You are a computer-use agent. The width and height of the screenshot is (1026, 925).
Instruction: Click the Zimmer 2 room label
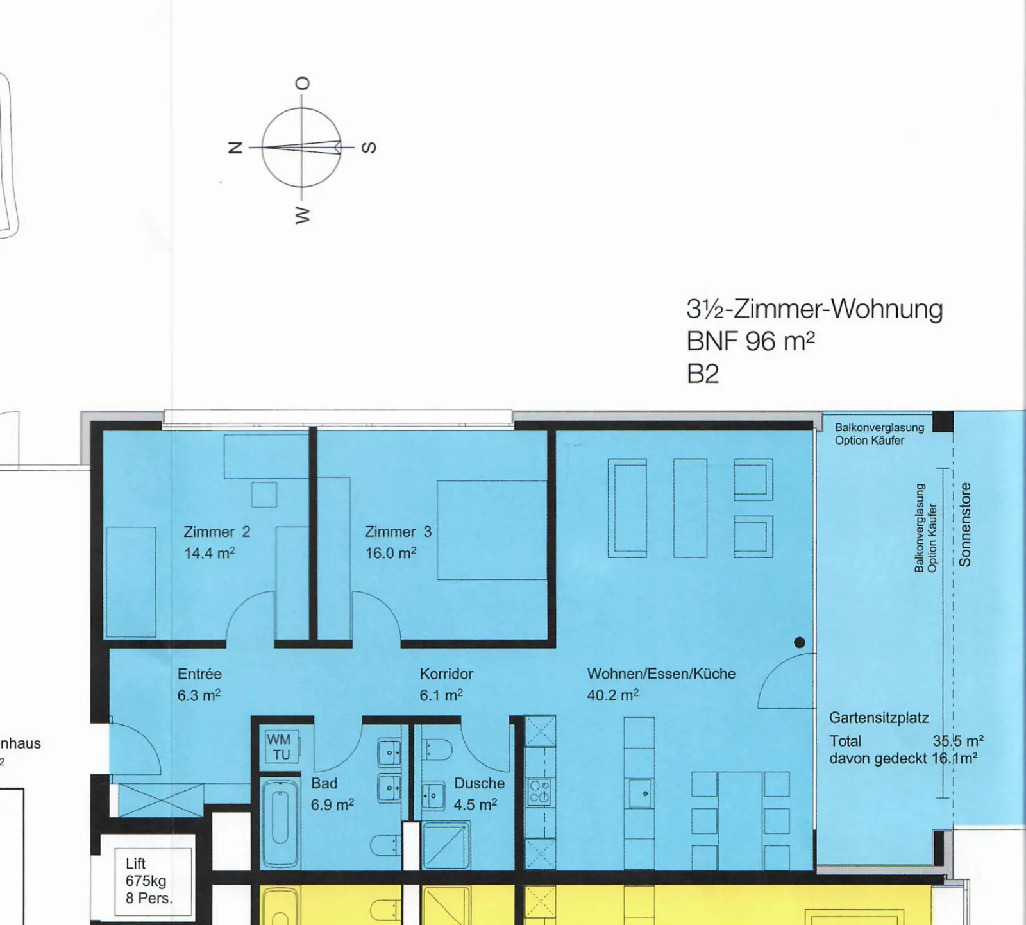(x=217, y=532)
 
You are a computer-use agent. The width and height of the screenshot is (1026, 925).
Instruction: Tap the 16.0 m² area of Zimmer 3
(x=391, y=553)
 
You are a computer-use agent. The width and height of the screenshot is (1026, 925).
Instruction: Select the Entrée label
(x=199, y=674)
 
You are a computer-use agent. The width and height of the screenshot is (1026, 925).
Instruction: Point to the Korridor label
(x=446, y=674)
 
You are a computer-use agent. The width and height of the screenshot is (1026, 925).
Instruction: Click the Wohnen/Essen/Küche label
(x=661, y=674)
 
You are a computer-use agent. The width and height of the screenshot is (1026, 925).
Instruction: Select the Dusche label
(x=479, y=783)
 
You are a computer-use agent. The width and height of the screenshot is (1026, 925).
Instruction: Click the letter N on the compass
(x=235, y=148)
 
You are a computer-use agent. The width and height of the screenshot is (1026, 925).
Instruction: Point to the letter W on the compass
(x=302, y=215)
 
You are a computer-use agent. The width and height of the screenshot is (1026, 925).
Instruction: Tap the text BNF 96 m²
(x=750, y=341)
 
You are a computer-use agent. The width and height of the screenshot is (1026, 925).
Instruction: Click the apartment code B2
(x=703, y=374)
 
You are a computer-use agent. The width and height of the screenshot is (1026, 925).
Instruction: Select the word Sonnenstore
(x=965, y=525)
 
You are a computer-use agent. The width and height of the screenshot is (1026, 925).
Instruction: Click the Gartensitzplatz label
(x=879, y=718)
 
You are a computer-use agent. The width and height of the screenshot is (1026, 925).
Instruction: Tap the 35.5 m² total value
(x=958, y=741)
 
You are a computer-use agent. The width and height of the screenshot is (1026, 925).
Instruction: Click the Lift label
(x=135, y=863)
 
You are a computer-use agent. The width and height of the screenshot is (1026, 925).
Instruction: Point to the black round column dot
(x=800, y=642)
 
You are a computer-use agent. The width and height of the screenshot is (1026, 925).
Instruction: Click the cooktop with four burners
(x=539, y=792)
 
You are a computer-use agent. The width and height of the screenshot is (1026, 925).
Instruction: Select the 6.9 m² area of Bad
(x=333, y=804)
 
